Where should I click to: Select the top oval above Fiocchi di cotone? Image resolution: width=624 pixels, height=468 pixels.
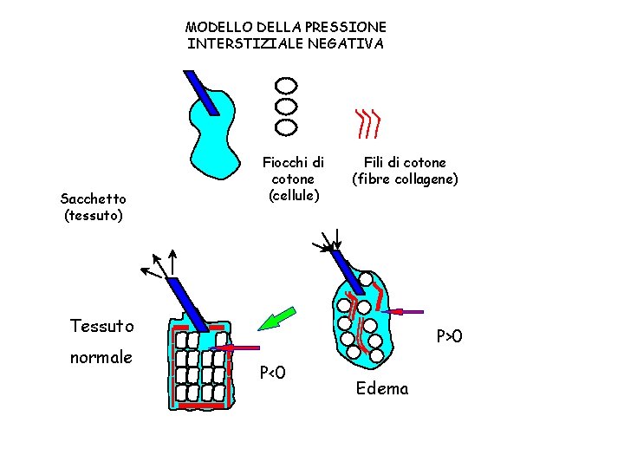[x=286, y=86]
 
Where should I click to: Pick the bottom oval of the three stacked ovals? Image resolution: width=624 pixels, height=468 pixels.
[x=286, y=127]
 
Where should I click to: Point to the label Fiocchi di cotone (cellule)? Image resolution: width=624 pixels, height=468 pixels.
[x=294, y=179]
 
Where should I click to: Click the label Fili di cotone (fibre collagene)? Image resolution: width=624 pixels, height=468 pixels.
[x=405, y=171]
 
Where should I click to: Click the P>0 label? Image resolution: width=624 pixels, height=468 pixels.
[x=450, y=335]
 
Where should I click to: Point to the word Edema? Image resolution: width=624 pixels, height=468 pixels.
[x=382, y=388]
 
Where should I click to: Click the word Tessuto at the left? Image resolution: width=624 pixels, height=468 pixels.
[x=101, y=326]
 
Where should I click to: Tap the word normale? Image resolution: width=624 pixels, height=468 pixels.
[x=101, y=357]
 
